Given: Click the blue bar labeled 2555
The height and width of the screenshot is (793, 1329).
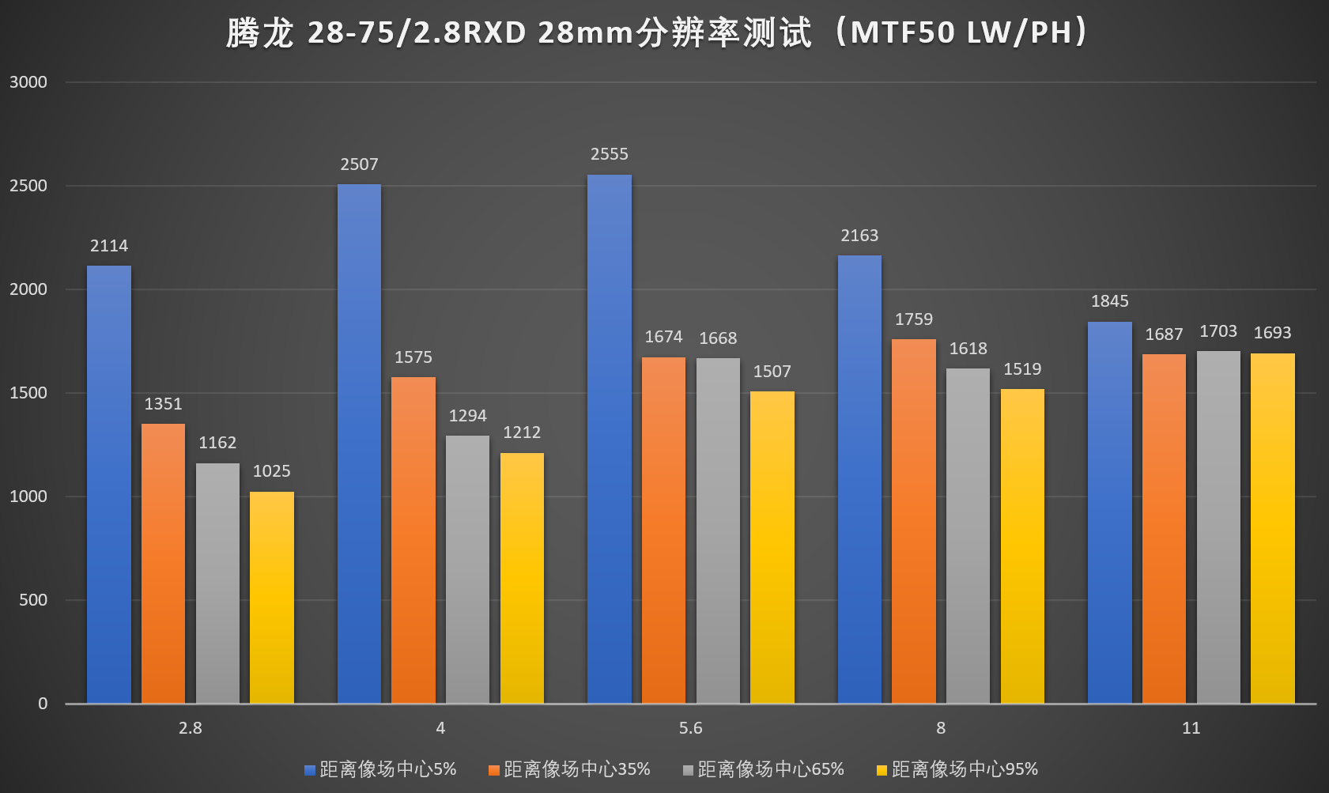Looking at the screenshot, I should (609, 439).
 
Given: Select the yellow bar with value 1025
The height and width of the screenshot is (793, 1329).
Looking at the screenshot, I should (272, 598).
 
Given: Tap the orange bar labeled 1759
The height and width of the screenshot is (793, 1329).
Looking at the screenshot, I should (914, 521).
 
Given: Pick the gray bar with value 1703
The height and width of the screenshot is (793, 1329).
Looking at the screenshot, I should (1218, 527).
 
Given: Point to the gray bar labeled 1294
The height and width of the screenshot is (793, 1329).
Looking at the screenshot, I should (467, 569).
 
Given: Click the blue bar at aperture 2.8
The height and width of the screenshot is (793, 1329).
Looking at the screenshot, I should (109, 484).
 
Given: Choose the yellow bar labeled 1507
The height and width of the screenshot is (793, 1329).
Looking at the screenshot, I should (772, 547).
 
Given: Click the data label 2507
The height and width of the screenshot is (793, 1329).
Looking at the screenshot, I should (359, 164).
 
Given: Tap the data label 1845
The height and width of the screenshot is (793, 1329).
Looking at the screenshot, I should (1109, 301).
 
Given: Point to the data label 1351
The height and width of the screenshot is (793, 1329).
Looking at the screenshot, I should (163, 404).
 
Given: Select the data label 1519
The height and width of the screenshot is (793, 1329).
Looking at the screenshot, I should (1022, 369).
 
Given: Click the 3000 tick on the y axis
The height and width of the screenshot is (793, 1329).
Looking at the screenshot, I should (28, 82).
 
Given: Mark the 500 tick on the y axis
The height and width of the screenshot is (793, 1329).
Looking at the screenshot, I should (33, 600).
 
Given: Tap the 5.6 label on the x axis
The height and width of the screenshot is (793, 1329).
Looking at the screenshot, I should (690, 728).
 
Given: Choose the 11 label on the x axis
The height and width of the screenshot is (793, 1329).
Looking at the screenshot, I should (1191, 728).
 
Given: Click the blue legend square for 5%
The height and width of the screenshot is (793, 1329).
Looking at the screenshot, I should (310, 770).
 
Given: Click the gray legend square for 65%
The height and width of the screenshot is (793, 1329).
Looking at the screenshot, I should (688, 770).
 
